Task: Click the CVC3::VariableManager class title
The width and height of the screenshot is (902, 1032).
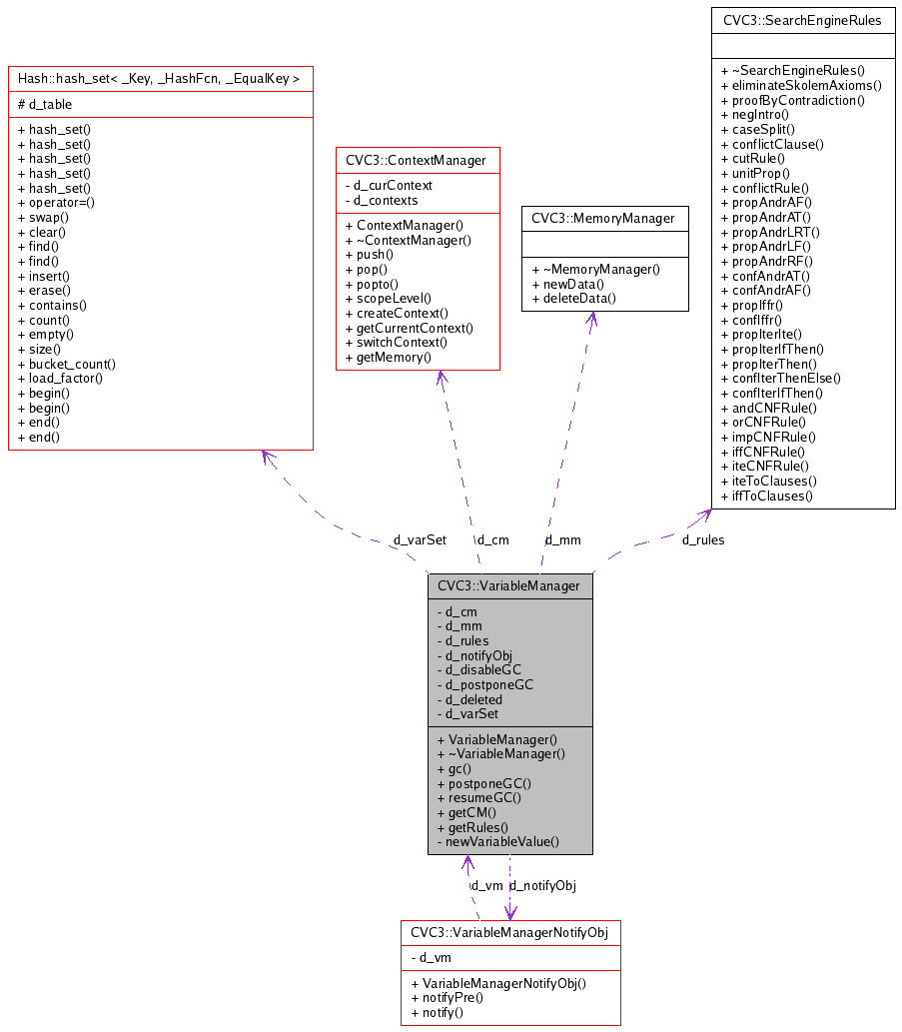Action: pos(510,585)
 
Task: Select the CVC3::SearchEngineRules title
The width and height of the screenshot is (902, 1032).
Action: pos(802,19)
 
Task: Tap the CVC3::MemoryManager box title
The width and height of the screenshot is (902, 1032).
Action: pos(604,218)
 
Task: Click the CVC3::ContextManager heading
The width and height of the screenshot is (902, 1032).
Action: pos(417,160)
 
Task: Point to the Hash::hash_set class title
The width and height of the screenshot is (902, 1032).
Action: pos(160,78)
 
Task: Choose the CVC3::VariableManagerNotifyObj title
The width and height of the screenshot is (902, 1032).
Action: pos(509,932)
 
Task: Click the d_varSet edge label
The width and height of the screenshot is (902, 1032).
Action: pos(420,539)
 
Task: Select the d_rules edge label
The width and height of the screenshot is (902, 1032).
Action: pos(703,539)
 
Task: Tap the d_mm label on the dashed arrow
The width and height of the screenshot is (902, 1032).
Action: pos(562,539)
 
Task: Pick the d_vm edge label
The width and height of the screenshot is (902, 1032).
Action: pos(486,885)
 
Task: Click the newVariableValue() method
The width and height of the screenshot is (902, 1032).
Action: pos(498,842)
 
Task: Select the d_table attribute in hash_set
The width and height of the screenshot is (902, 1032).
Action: pos(45,104)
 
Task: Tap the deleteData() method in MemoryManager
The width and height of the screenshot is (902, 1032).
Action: pos(574,298)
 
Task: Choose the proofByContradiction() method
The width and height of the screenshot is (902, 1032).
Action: pos(792,101)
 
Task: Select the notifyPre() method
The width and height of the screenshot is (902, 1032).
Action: pos(448,998)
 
